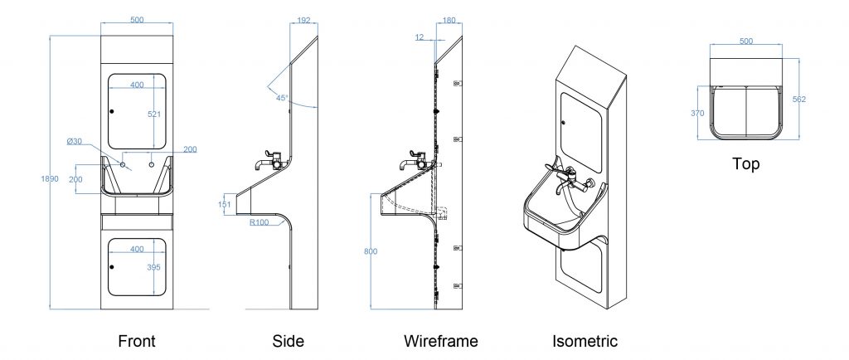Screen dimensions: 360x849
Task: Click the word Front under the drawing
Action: click(x=137, y=340)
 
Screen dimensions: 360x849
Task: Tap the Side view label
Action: click(x=288, y=340)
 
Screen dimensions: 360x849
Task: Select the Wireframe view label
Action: click(x=440, y=340)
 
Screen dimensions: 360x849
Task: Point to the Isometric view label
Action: click(x=585, y=340)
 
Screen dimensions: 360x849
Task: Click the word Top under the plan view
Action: click(x=745, y=164)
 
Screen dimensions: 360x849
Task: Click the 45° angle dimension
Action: click(x=282, y=98)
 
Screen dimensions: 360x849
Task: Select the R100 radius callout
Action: click(x=259, y=221)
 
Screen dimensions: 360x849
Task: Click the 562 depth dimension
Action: click(x=799, y=99)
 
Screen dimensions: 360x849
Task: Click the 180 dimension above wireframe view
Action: click(x=449, y=20)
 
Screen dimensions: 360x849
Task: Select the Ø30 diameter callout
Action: click(x=75, y=141)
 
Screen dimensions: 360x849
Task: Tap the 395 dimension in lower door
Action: click(x=153, y=267)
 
